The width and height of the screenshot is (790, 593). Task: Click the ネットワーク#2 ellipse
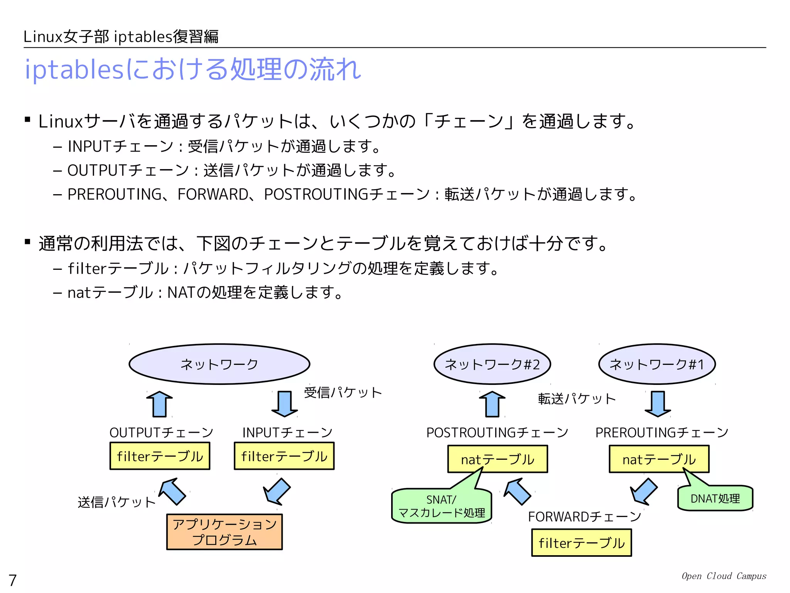click(492, 364)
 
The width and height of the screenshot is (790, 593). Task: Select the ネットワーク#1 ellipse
click(657, 364)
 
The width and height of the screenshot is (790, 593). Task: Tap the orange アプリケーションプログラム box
click(224, 532)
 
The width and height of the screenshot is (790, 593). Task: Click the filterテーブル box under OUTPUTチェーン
click(160, 456)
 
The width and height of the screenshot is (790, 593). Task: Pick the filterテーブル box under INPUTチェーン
click(284, 456)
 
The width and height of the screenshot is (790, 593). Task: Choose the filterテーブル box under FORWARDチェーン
click(581, 543)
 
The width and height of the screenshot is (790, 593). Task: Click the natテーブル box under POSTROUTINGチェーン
click(497, 459)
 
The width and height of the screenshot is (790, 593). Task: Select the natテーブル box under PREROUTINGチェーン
click(659, 459)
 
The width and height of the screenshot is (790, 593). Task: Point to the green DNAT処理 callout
click(715, 498)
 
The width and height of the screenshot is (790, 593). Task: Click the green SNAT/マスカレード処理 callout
click(441, 506)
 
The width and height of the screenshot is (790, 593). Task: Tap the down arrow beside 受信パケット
click(285, 404)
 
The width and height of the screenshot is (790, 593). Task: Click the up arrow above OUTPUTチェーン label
click(160, 404)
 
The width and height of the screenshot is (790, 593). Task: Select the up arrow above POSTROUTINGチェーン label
click(492, 404)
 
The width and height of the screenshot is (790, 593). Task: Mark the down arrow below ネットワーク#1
click(658, 404)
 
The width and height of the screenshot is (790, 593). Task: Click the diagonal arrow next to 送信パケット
click(173, 491)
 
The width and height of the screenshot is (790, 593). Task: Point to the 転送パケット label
click(577, 399)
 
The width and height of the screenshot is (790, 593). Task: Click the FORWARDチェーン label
click(584, 517)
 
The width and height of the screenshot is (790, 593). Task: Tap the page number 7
click(13, 580)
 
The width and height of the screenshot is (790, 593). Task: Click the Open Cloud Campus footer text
click(724, 576)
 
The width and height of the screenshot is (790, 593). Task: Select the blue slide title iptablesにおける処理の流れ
click(193, 69)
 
